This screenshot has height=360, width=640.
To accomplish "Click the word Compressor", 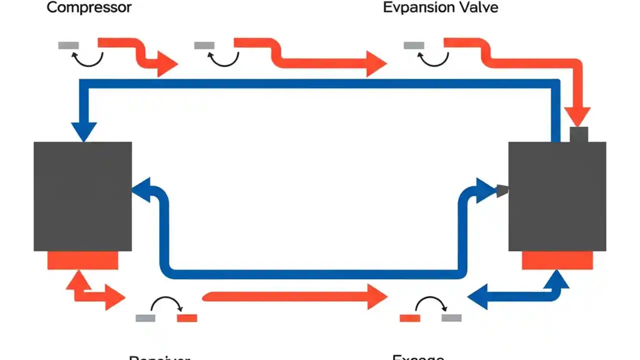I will (89, 7).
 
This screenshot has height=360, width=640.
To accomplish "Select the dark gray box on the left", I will (83, 196).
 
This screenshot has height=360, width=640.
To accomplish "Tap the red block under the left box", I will (83, 260).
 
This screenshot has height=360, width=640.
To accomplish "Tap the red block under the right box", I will (557, 260).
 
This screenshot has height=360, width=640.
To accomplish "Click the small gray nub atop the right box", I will (578, 134).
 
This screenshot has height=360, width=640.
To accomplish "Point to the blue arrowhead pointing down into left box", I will (83, 131).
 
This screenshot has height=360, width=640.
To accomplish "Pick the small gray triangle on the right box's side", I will (502, 190).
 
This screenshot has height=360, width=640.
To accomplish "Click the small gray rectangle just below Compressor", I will (68, 45).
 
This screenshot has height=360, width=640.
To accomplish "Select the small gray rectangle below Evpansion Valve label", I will (414, 45).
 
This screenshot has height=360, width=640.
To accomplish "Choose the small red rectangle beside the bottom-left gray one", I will (187, 318).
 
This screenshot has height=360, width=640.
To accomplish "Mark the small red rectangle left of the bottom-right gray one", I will (410, 318).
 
